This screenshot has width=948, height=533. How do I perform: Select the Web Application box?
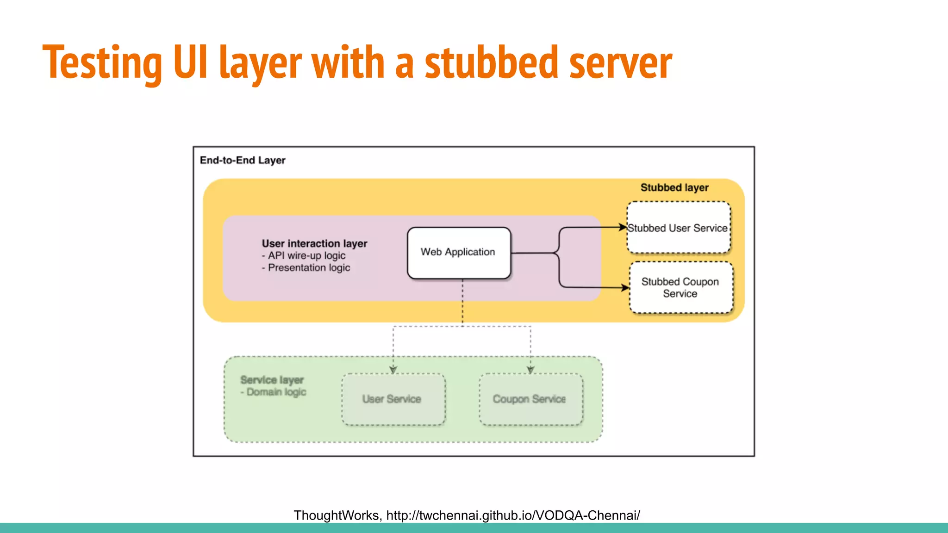(459, 253)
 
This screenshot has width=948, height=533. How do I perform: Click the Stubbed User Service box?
(679, 228)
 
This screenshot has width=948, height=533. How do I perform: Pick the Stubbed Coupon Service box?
(681, 288)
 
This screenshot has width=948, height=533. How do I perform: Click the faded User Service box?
(393, 399)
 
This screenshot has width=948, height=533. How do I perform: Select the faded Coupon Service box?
(530, 399)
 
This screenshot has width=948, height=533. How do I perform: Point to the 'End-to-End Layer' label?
(243, 161)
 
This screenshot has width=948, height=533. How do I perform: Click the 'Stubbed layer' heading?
(674, 188)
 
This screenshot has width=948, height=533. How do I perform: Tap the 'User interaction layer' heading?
(314, 244)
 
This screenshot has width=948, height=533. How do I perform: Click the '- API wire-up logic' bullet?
(304, 256)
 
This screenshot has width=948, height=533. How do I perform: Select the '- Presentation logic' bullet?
(306, 268)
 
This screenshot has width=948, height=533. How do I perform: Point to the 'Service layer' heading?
(272, 380)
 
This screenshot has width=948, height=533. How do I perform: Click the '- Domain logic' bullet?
(273, 392)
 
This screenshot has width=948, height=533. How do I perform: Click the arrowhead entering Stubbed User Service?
(623, 227)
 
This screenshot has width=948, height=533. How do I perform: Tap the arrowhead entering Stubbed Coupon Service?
(625, 288)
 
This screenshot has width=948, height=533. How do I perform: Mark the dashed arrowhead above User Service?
(393, 370)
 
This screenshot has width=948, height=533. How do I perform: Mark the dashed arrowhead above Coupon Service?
(530, 370)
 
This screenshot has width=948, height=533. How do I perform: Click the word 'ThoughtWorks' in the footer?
(337, 515)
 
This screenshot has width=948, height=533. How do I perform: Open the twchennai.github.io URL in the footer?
(513, 515)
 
